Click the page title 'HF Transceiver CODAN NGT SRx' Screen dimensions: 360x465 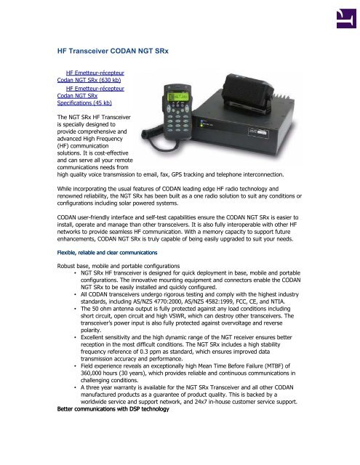tap(118, 52)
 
